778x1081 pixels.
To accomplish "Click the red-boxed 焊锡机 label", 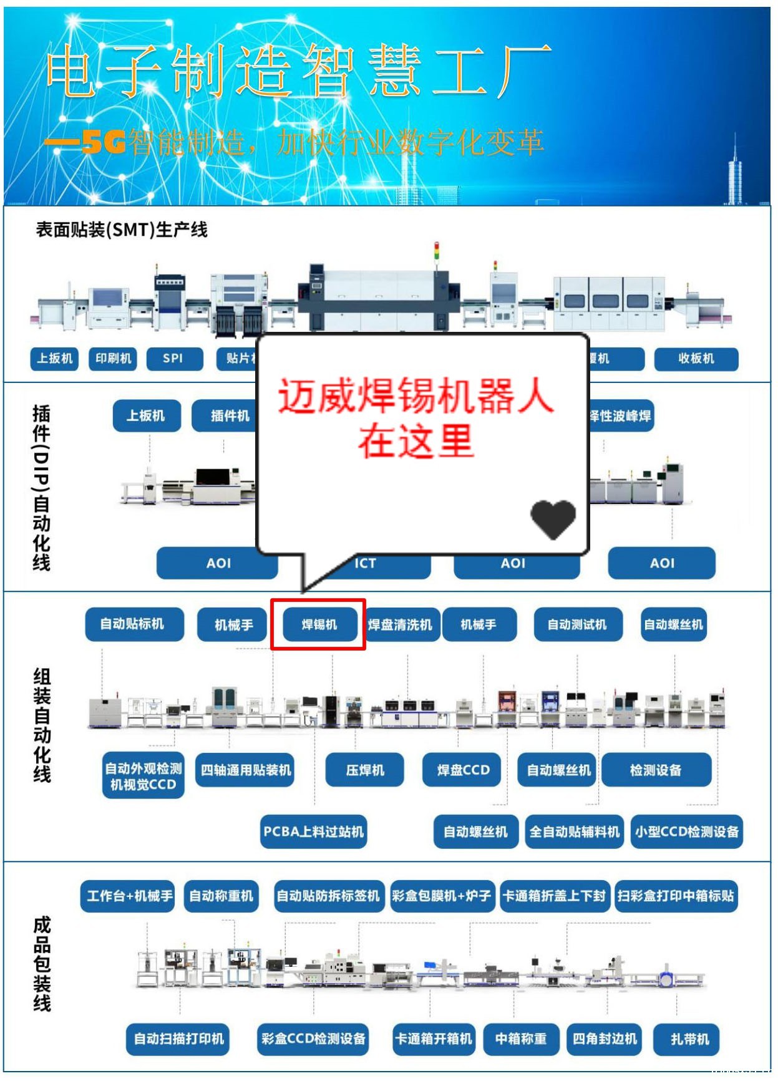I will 319,624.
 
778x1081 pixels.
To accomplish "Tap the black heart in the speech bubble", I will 553,519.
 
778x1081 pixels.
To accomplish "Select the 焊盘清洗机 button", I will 401,624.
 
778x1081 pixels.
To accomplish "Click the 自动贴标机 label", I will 134,624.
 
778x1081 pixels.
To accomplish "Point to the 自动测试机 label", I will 577,624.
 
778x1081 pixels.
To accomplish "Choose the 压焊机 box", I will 365,770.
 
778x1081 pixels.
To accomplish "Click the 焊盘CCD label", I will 464,770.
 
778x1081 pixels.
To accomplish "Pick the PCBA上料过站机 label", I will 313,831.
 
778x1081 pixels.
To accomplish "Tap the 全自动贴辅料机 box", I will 575,831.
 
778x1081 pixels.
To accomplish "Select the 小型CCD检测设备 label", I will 686,831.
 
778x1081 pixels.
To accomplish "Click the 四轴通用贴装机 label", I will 245,770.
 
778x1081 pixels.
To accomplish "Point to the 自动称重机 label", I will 221,896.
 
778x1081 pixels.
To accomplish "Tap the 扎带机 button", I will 689,1039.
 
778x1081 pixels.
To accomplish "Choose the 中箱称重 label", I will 521,1039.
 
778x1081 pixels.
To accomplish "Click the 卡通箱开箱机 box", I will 434,1039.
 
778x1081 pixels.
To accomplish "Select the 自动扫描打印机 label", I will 178,1039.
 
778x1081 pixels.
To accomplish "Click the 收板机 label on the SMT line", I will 696,359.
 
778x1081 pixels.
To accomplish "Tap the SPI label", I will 173,359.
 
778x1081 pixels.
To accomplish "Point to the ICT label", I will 366,564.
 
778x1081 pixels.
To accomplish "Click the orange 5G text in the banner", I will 104,143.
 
